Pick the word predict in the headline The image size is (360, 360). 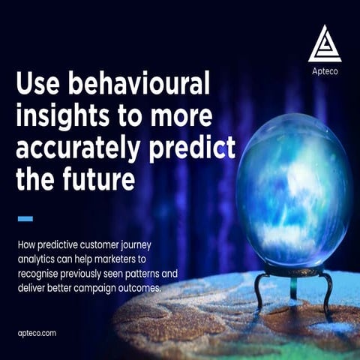(x=193, y=148)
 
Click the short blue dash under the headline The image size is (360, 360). (x=25, y=219)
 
